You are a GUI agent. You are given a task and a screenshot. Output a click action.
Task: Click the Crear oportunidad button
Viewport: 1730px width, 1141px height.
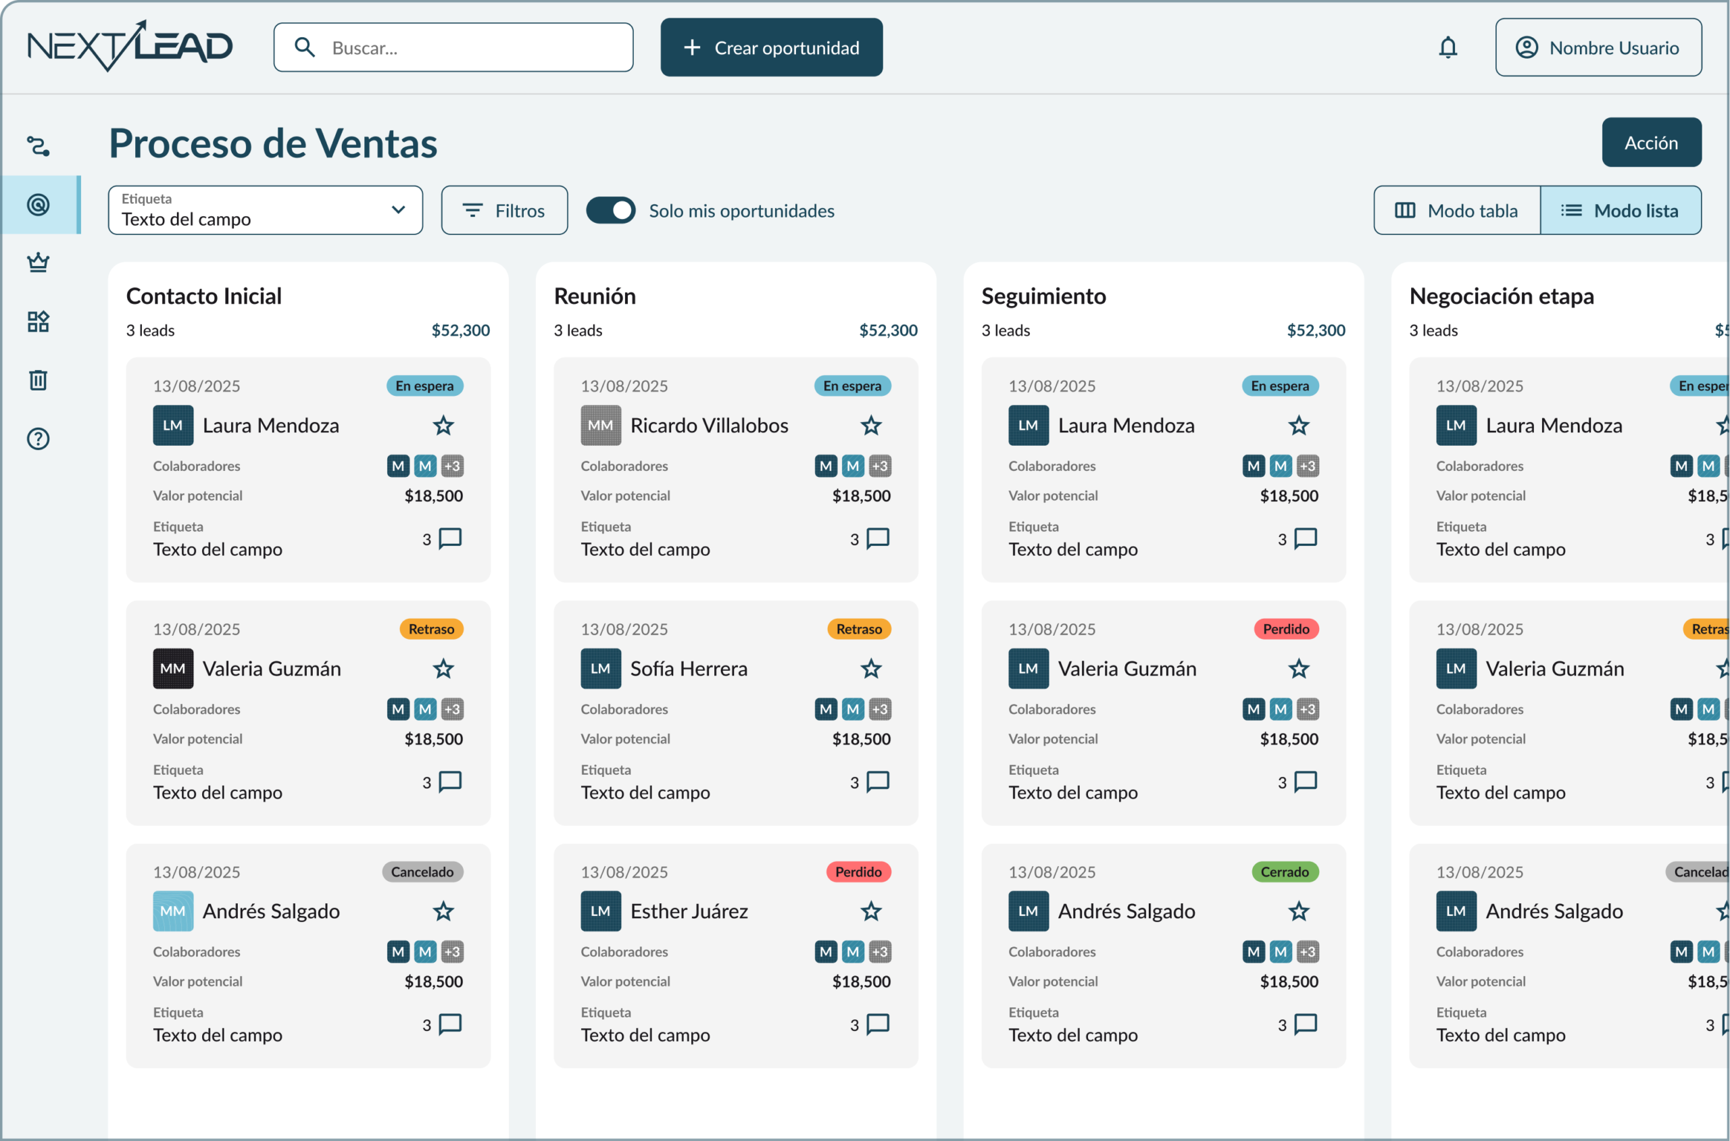[x=771, y=47]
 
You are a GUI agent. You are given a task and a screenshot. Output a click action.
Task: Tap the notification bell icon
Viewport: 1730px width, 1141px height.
[x=1448, y=47]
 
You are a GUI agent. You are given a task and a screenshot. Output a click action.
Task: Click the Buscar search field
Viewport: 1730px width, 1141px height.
[x=453, y=47]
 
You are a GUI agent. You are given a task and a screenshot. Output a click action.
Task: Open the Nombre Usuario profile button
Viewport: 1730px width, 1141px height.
[x=1598, y=47]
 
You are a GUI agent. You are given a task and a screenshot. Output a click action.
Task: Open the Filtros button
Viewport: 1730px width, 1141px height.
[x=503, y=210]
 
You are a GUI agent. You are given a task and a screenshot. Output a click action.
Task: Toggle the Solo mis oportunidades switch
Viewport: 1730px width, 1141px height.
[x=611, y=210]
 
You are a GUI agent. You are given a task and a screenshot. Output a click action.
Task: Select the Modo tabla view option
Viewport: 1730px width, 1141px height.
[x=1456, y=210]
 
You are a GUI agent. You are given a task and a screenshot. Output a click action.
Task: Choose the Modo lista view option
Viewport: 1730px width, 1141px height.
[x=1620, y=210]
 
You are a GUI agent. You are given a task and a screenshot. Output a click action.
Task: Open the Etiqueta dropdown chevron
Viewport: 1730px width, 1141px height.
[x=398, y=209]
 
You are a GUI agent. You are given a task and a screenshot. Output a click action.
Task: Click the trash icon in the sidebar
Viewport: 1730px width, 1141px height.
[x=38, y=380]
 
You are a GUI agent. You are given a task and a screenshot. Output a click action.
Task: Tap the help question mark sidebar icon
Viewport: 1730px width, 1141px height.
[x=38, y=439]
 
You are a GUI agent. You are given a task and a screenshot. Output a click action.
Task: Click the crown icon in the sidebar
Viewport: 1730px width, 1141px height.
[x=38, y=262]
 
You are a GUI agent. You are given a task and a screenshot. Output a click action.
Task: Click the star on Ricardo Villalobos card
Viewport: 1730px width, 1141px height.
[x=870, y=426]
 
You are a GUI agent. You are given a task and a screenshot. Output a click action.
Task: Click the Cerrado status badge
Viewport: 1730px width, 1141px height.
[x=1285, y=871]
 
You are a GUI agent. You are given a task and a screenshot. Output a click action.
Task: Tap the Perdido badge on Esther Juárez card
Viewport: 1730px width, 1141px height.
[x=858, y=871]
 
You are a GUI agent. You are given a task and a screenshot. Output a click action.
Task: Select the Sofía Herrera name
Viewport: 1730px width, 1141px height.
[x=689, y=669]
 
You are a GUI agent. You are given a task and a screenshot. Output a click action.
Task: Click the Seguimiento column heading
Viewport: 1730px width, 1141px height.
[x=1043, y=296]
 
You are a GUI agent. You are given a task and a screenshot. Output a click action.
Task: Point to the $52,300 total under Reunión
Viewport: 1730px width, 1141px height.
[x=888, y=330]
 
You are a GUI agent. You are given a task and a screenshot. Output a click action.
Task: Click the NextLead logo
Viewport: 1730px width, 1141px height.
[x=130, y=46]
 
